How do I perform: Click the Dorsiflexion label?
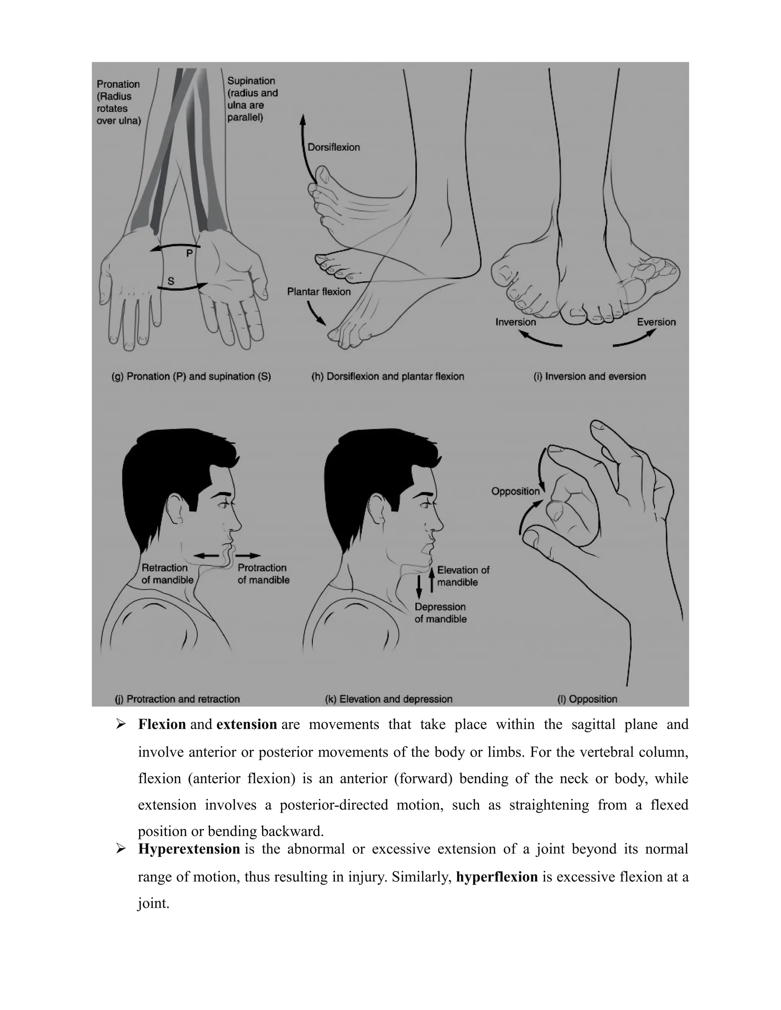pos(334,147)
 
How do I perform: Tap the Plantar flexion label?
pos(319,292)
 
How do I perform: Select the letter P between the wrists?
pos(189,253)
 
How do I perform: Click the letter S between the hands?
pos(171,281)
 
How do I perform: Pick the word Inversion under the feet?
pos(516,322)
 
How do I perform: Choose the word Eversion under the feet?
pos(656,322)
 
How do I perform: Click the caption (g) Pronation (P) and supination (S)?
pos(191,377)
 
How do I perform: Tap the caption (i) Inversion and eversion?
pos(590,377)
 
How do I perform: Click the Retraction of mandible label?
pos(167,574)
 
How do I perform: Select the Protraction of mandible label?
pos(263,574)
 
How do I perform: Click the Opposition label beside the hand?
pos(516,491)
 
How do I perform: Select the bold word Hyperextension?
pos(189,849)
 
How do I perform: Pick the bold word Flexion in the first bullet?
pos(162,724)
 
